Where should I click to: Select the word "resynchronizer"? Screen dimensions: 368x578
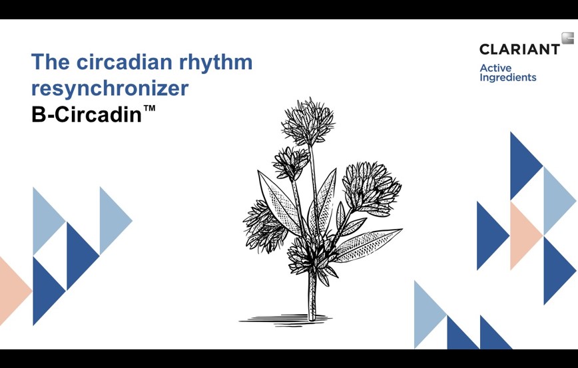pyautogui.click(x=110, y=88)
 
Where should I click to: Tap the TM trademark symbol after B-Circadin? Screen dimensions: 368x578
pyautogui.click(x=149, y=108)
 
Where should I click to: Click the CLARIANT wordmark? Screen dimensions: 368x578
pyautogui.click(x=519, y=49)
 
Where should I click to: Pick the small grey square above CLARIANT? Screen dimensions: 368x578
pyautogui.click(x=567, y=38)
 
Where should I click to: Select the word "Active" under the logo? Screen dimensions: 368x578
pyautogui.click(x=495, y=68)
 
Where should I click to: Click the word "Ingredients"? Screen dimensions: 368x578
pyautogui.click(x=507, y=77)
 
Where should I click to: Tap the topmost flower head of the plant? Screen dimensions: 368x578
pyautogui.click(x=307, y=120)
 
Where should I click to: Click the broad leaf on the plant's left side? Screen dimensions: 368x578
pyautogui.click(x=278, y=200)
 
